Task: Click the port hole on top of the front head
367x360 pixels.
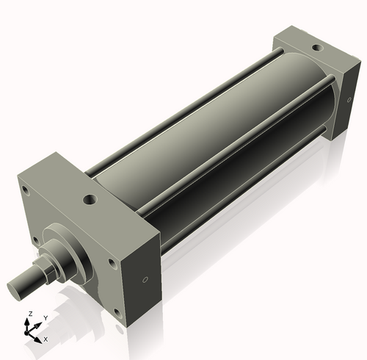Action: pyautogui.click(x=89, y=198)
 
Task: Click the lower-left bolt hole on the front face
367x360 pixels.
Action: pyautogui.click(x=33, y=240)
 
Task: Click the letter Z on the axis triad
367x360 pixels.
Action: pyautogui.click(x=29, y=314)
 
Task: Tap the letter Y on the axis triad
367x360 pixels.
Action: pyautogui.click(x=45, y=317)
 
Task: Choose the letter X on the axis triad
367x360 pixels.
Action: pyautogui.click(x=46, y=339)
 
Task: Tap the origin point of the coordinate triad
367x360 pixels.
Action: pyautogui.click(x=30, y=334)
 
